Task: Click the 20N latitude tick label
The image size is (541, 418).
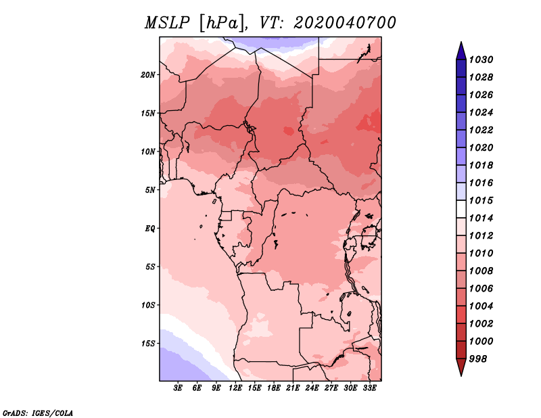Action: [x=148, y=75]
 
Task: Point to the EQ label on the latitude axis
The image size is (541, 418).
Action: [x=150, y=229]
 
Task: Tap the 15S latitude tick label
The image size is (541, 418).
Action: [x=148, y=344]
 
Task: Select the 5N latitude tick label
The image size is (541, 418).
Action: [x=150, y=190]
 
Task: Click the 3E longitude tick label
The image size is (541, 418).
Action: [x=178, y=388]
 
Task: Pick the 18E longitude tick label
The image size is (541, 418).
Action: [x=274, y=388]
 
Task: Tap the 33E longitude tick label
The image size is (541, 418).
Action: [x=369, y=388]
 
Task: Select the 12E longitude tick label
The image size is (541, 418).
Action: [x=235, y=388]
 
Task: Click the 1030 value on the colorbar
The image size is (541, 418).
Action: [x=481, y=60]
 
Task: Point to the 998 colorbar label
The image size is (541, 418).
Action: [x=478, y=359]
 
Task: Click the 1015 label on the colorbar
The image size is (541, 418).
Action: [x=481, y=200]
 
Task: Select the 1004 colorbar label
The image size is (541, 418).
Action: [x=481, y=306]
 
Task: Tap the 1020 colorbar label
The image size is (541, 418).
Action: [x=481, y=147]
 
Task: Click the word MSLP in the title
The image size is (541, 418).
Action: [x=167, y=23]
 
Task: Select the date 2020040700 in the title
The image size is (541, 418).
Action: [x=345, y=23]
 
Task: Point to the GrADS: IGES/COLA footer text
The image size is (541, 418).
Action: [x=38, y=413]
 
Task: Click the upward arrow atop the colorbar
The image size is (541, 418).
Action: [x=461, y=51]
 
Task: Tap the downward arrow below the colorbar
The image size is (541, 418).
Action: [x=461, y=367]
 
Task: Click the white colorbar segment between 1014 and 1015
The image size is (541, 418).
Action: [x=461, y=209]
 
